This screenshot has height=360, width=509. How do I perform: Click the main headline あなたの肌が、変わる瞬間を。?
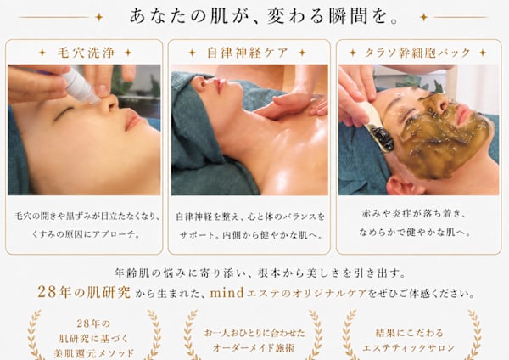[x=264, y=17]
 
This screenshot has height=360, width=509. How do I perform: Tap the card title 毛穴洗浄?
[x=86, y=53]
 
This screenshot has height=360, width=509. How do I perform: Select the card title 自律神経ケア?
[x=248, y=53]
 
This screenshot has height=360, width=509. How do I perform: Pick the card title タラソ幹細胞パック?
[x=417, y=53]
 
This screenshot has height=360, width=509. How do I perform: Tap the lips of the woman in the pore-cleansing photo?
[x=132, y=119]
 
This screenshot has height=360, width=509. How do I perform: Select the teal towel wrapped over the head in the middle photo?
[x=195, y=123]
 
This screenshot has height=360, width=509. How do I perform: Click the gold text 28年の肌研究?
[x=84, y=292]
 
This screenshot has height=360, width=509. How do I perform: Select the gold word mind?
[x=227, y=293]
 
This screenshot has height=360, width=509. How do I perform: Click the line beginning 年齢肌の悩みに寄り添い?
[x=260, y=273]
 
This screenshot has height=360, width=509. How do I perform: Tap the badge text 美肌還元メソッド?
[x=94, y=353]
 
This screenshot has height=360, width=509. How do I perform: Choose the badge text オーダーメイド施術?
[x=254, y=348]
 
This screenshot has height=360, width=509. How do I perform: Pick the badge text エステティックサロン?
[x=408, y=348]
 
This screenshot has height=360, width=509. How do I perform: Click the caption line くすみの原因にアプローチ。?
[x=86, y=234]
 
